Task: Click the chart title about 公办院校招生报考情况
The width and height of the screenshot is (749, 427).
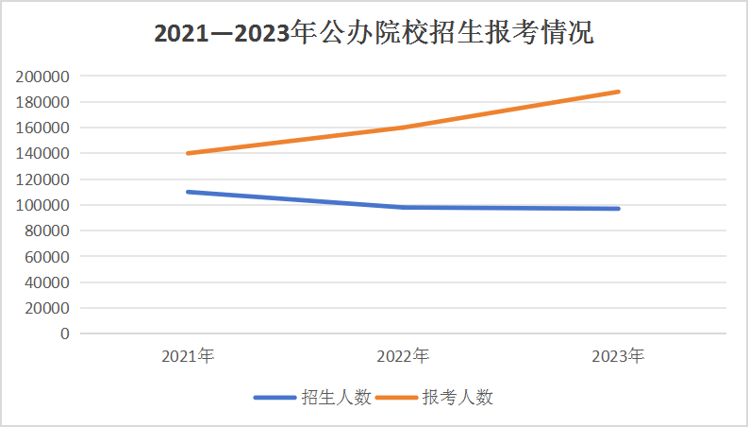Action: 374,34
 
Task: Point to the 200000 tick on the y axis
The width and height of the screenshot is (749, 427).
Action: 42,77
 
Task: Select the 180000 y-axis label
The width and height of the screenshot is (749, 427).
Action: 42,102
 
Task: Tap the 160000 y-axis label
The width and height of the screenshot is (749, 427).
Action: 42,128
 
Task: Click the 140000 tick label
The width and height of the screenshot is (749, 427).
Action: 42,153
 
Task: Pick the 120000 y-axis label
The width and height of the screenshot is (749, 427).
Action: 42,179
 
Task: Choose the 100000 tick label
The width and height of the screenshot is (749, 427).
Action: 42,205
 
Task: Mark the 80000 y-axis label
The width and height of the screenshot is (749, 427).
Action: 46,231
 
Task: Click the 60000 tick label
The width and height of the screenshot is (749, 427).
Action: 46,256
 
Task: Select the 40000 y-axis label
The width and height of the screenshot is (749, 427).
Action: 46,282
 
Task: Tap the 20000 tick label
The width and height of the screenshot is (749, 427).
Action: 46,308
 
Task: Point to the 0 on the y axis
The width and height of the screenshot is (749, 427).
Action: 64,333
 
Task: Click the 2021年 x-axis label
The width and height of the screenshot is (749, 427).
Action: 188,356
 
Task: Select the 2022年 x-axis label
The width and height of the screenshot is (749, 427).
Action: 403,356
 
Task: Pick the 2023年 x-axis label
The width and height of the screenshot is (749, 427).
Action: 618,356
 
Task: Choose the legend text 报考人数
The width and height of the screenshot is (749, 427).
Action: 458,398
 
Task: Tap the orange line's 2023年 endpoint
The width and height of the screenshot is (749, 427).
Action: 618,92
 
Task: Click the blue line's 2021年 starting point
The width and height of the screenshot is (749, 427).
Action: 189,192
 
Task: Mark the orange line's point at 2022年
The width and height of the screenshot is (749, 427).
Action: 403,128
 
